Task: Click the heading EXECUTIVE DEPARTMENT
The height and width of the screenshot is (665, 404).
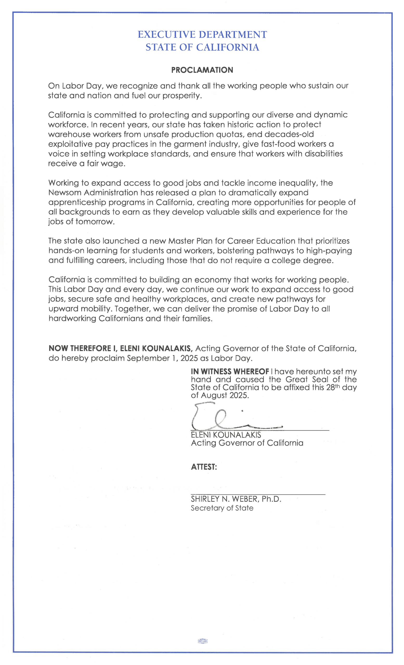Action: click(x=202, y=35)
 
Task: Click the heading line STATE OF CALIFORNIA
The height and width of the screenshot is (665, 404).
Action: click(x=202, y=47)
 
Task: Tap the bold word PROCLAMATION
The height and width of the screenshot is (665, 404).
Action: click(x=202, y=70)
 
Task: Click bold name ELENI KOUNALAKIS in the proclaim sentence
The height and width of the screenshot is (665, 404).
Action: click(x=156, y=348)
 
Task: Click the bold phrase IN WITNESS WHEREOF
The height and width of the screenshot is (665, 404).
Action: click(x=230, y=372)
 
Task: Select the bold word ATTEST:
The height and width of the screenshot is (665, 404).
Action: click(x=204, y=467)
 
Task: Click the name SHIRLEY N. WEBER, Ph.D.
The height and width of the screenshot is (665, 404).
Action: click(x=236, y=499)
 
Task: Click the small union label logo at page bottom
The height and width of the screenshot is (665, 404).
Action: click(x=203, y=641)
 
